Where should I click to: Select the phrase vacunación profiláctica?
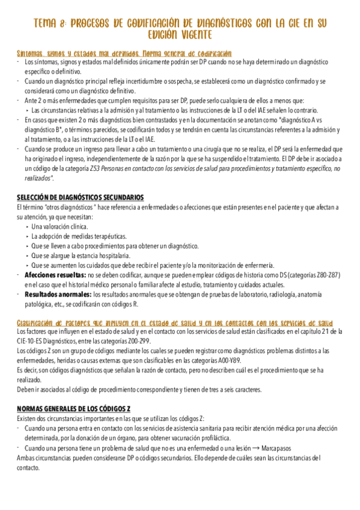[233, 438]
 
